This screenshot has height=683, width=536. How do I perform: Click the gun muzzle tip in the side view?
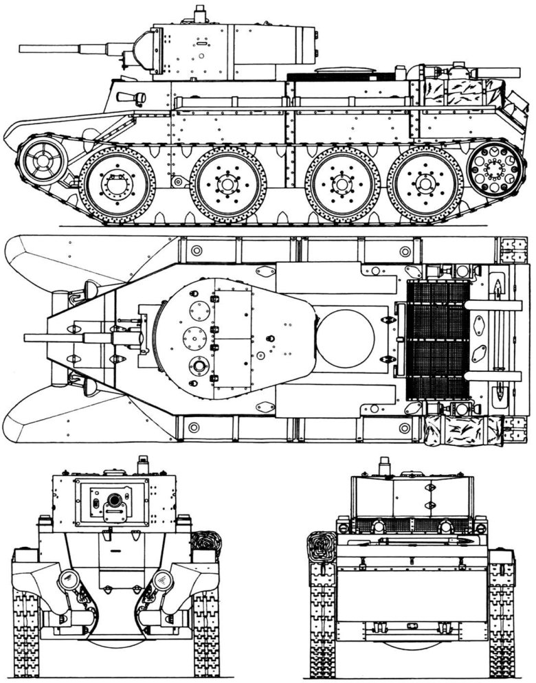pos(21,49)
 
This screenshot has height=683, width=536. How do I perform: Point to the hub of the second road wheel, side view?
pos(227,183)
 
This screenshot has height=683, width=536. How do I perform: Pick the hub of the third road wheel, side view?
pos(342,183)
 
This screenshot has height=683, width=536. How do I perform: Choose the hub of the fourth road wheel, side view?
pos(421,183)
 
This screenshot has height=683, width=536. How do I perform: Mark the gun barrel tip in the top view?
pos(26,337)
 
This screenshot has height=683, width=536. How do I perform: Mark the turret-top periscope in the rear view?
pos(384,464)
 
